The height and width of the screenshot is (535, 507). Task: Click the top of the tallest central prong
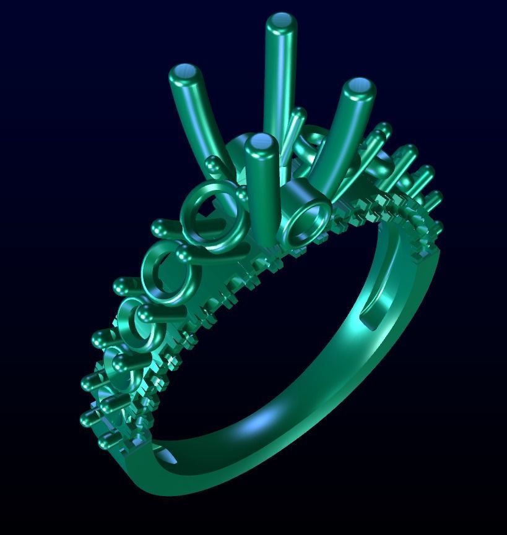pos(281,22)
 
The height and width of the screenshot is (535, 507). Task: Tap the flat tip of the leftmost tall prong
pos(186,74)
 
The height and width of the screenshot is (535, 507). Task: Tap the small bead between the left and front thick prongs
pos(214,165)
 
